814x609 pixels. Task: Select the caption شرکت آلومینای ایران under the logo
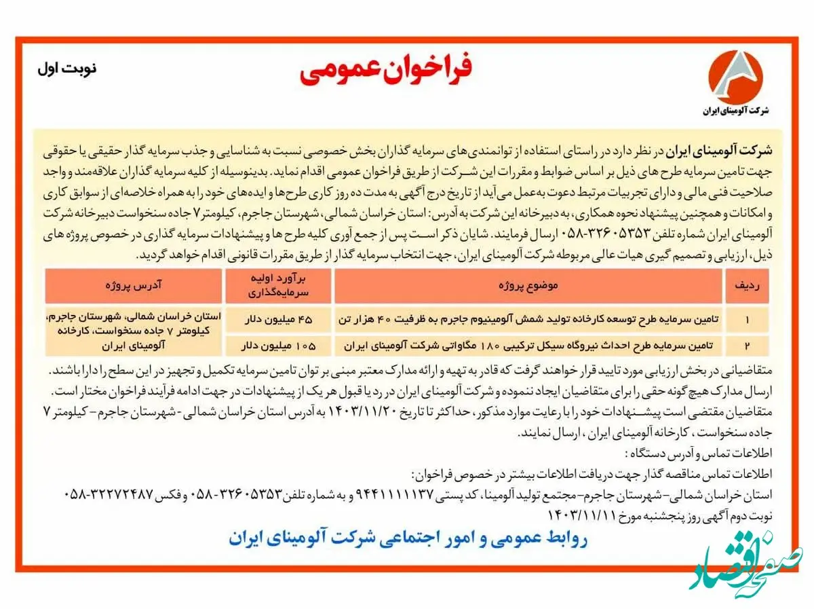(735, 110)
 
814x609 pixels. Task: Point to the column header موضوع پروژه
(527, 286)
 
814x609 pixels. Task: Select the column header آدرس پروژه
(134, 286)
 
